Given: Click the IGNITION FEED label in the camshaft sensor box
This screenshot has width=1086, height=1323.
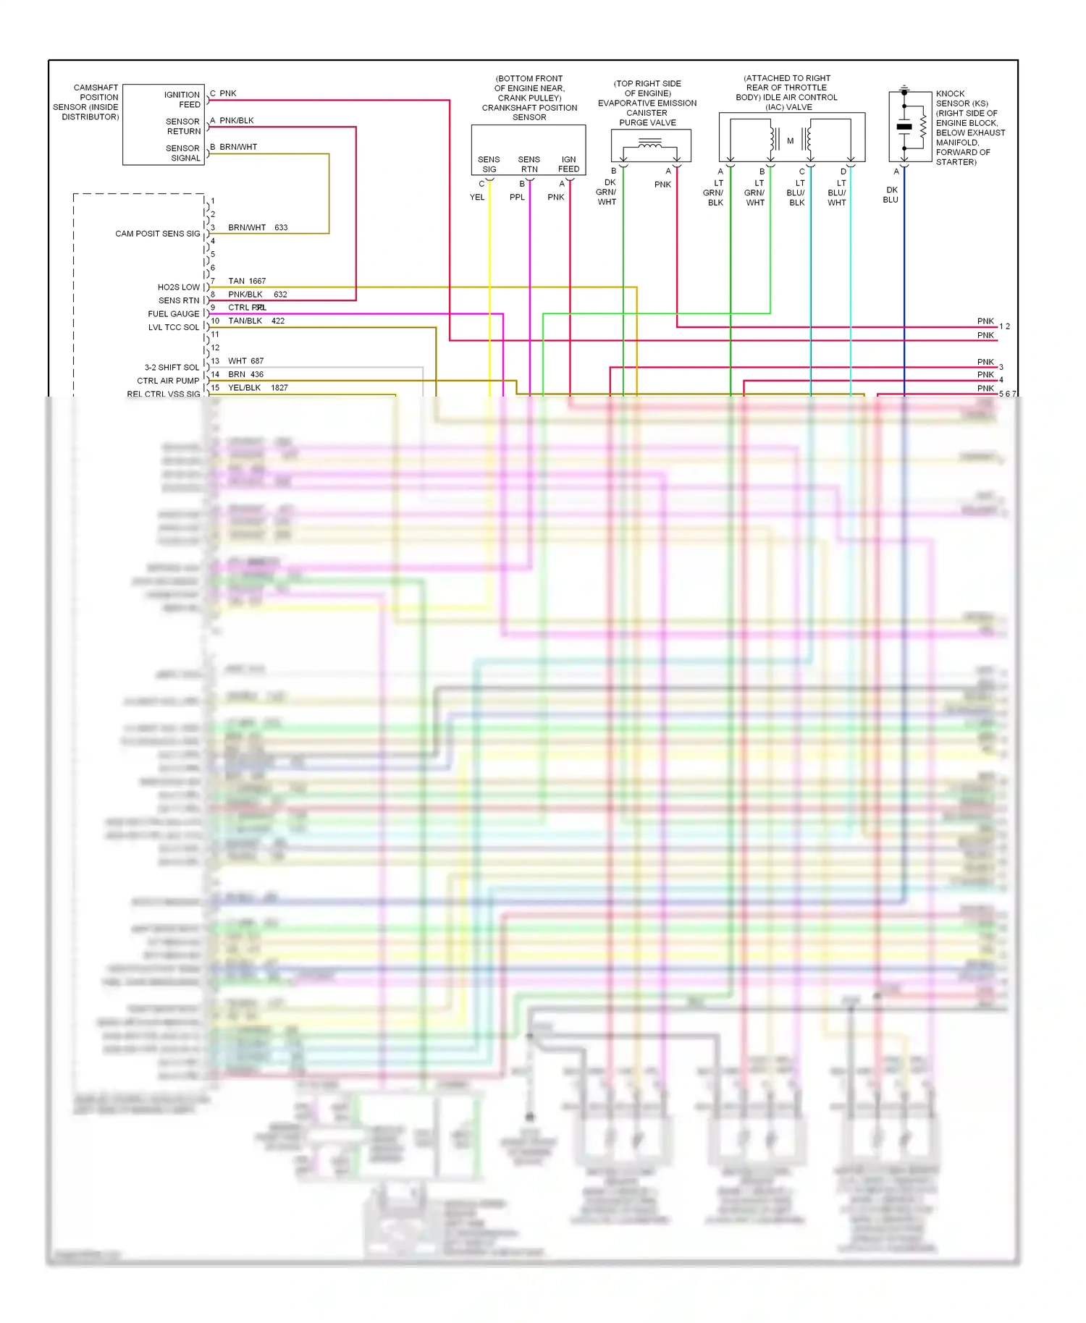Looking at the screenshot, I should [182, 100].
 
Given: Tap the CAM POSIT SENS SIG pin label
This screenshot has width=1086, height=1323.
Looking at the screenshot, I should [157, 234].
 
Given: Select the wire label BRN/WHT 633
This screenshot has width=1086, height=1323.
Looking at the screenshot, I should [258, 227].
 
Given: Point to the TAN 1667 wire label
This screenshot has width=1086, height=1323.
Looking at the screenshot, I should [247, 281].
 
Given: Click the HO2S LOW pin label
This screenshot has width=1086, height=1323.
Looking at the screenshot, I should [178, 287].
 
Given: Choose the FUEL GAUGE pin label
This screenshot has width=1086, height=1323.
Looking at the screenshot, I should [173, 314].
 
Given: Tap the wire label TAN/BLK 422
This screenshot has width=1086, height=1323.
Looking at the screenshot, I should [256, 321].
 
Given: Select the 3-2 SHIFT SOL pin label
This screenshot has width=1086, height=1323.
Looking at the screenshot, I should [172, 368].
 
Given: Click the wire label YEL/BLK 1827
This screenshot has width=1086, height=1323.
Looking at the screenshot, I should [258, 388].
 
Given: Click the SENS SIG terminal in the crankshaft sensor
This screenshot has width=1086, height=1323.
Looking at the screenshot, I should [489, 164].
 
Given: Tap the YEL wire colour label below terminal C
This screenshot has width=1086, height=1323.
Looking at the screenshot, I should [477, 197].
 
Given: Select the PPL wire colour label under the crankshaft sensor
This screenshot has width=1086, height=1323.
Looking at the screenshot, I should [517, 197].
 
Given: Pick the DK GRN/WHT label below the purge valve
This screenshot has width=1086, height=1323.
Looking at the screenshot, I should [607, 193].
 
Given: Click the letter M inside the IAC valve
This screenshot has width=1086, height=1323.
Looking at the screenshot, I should [791, 141].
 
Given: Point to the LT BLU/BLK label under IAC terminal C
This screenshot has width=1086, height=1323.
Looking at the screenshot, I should [796, 193].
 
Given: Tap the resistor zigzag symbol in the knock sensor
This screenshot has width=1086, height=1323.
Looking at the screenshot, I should [923, 127].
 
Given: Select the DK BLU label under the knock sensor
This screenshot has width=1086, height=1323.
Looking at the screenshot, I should [891, 195].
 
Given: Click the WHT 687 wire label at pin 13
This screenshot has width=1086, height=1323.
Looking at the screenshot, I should [245, 361].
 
